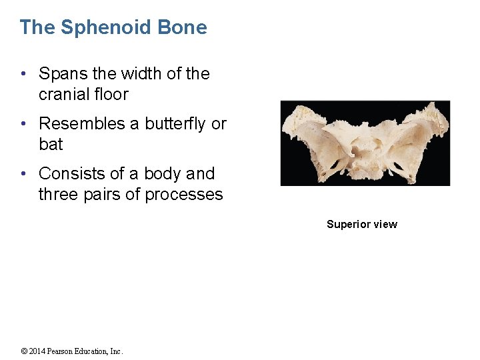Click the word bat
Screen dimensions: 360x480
[x=51, y=145]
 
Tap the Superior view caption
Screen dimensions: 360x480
[x=361, y=225]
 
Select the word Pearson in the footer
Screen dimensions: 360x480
[x=65, y=351]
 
